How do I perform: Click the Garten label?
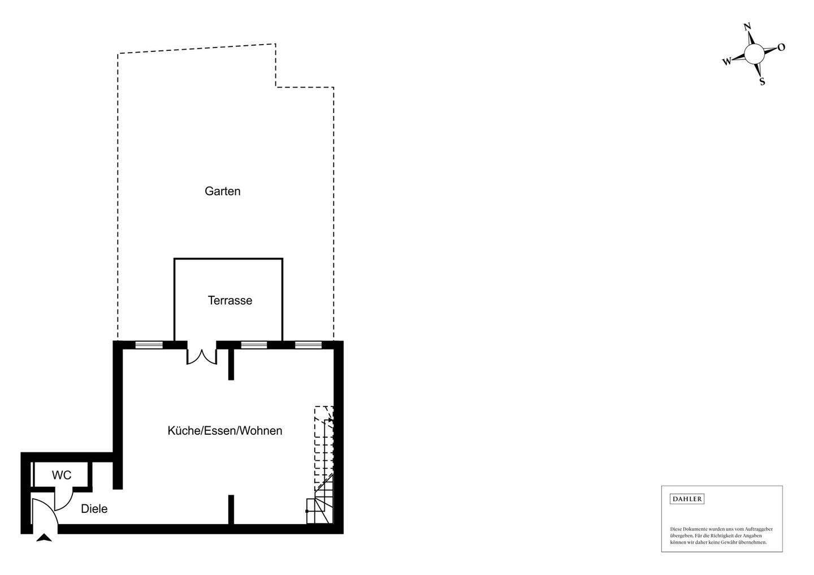coord(223,191)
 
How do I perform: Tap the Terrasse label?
coord(230,300)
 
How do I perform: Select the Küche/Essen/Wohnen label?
coord(225,431)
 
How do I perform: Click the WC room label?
coord(62,475)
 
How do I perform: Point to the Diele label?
coord(94,509)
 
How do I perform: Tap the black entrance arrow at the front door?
coord(44,538)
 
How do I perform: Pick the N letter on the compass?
coord(747,27)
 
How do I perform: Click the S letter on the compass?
coord(762,81)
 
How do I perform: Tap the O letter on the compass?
coord(781,47)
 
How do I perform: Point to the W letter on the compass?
coord(727,61)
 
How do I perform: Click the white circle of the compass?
coord(754,54)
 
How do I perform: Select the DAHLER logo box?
coord(687,499)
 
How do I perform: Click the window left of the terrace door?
coord(149,344)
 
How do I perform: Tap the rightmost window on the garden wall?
coord(308,344)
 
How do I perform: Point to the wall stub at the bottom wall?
coord(231,509)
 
